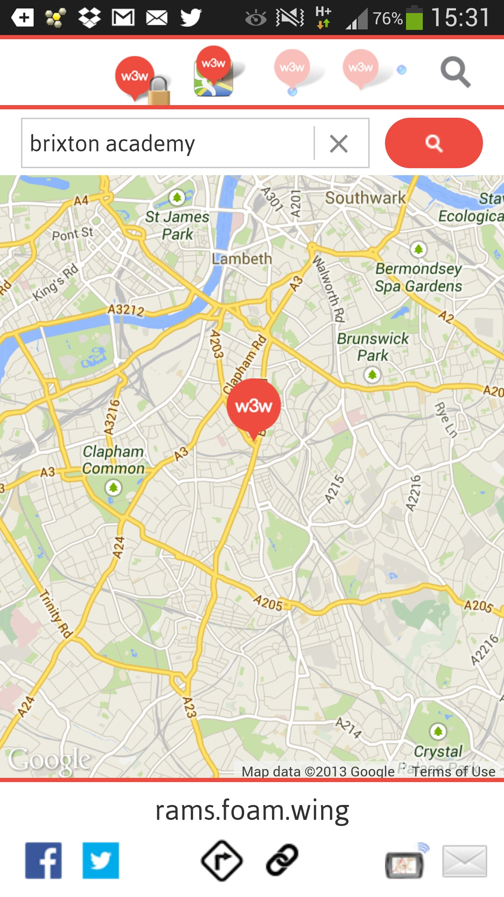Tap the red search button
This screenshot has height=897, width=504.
point(434,143)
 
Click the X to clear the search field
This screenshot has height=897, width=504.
point(339,143)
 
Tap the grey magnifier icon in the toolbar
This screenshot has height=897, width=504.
point(455,72)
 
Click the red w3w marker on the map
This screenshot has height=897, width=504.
point(253,406)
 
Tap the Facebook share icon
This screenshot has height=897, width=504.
point(43,861)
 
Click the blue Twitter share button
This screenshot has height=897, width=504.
point(101,861)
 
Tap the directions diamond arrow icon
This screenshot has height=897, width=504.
point(222,861)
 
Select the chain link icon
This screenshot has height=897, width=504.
point(282,860)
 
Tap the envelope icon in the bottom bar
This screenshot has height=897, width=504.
point(464,861)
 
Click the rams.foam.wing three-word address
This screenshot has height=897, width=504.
point(252,810)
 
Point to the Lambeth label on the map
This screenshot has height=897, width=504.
point(242,258)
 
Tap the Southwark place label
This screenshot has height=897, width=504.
point(365,198)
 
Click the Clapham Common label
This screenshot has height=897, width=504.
point(113,460)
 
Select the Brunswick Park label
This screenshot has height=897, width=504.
point(373,347)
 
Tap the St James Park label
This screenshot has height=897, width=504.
point(177,225)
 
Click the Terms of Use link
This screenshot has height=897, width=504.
point(453,771)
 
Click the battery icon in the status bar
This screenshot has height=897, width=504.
point(414,19)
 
